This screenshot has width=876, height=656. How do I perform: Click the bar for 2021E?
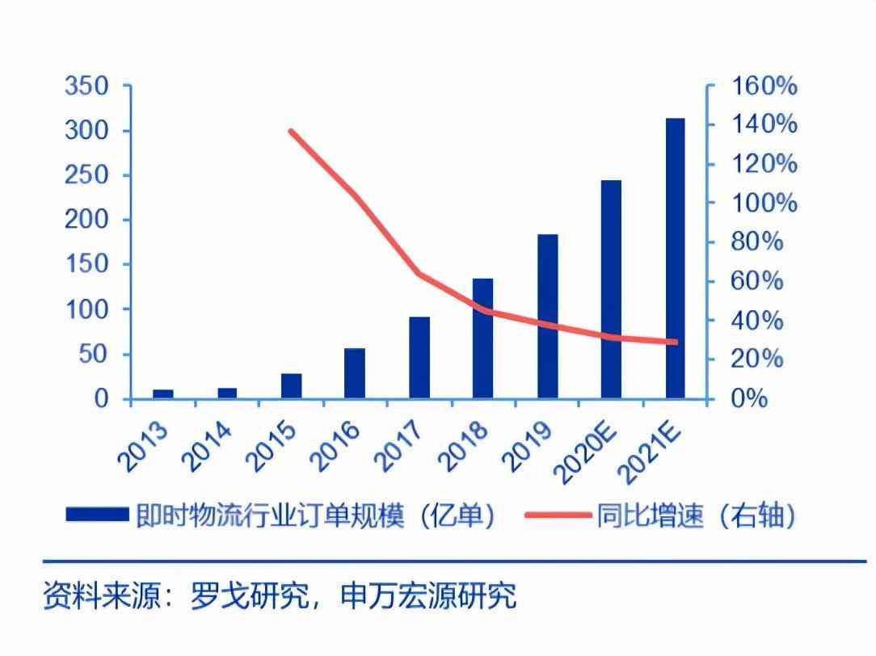click(x=675, y=259)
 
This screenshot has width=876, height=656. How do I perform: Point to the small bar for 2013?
click(x=163, y=393)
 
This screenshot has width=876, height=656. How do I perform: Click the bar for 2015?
click(x=291, y=385)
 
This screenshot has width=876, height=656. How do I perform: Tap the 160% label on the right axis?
click(x=764, y=86)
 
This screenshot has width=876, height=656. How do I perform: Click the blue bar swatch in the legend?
click(x=97, y=515)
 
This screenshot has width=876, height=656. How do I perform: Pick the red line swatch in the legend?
click(x=558, y=515)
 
